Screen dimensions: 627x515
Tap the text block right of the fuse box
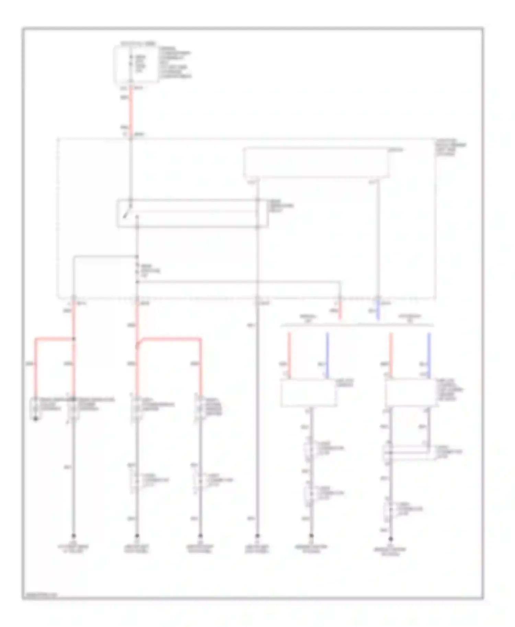click(x=175, y=63)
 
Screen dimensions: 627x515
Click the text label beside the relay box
click(x=282, y=206)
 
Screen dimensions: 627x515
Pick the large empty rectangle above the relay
click(x=316, y=163)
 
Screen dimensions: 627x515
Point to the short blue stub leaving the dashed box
click(x=378, y=310)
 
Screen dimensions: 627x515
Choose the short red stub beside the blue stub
click(x=340, y=310)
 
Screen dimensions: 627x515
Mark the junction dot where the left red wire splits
click(x=73, y=339)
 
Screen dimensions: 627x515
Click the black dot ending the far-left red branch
click(x=35, y=419)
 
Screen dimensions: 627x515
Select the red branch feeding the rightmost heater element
click(x=201, y=367)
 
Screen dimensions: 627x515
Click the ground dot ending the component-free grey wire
click(x=257, y=536)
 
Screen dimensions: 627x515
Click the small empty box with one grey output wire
click(x=308, y=393)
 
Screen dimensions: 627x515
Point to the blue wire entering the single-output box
click(x=327, y=355)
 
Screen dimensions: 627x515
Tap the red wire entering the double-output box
click(x=390, y=355)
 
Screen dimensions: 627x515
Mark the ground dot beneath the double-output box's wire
click(x=390, y=540)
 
